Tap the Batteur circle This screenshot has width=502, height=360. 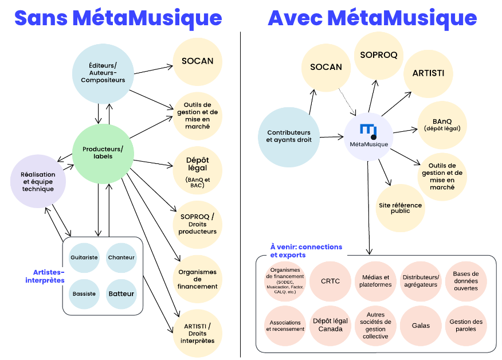click(x=121, y=294)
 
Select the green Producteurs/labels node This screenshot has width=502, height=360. click(x=101, y=152)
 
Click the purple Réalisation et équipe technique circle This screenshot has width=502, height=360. click(x=38, y=181)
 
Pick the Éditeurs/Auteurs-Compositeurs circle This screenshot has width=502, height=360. click(x=103, y=72)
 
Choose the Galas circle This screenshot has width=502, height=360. click(x=421, y=325)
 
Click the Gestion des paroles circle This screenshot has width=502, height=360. click(x=466, y=325)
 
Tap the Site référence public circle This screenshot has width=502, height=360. click(x=400, y=208)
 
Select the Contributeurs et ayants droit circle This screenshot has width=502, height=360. click(x=288, y=136)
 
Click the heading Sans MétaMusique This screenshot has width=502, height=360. click(x=118, y=18)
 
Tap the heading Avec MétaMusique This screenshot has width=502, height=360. click(x=372, y=18)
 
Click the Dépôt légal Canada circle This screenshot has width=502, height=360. click(x=330, y=325)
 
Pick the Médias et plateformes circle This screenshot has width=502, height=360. click(x=375, y=281)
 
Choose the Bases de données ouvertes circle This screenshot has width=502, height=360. click(x=466, y=281)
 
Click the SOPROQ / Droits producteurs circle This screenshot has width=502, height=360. click(x=198, y=224)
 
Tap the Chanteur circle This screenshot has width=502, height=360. click(x=121, y=257)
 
